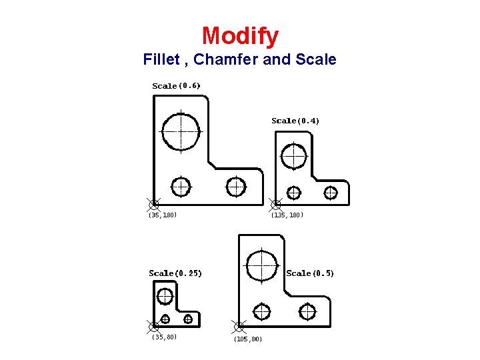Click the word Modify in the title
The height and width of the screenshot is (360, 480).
(240, 35)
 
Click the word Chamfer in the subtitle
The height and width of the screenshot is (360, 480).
(226, 59)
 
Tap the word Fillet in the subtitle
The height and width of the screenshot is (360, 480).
(163, 59)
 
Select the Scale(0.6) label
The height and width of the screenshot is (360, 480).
(176, 85)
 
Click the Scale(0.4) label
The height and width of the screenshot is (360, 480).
(295, 121)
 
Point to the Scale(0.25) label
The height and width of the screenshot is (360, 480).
(175, 273)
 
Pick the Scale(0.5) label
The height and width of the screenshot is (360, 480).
(310, 273)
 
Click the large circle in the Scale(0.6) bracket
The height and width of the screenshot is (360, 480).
(181, 131)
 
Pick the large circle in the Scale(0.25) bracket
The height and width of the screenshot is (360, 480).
(165, 295)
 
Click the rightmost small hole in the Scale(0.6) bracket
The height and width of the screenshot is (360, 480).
(235, 187)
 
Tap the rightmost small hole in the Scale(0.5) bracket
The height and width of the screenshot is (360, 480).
(307, 311)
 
